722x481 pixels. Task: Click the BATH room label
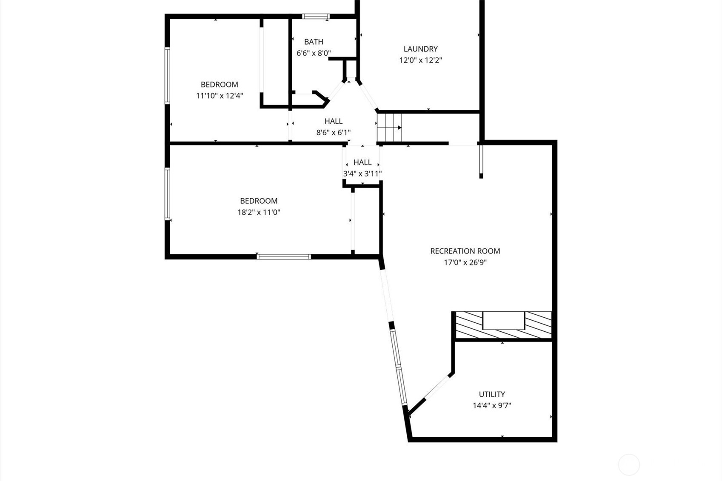[x=314, y=42]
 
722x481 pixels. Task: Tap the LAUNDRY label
[x=421, y=49]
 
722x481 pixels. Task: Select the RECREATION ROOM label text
[x=465, y=251]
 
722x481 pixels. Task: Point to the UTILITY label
[x=492, y=394]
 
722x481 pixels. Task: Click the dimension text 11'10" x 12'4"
[x=220, y=96]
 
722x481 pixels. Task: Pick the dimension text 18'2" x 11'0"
[x=259, y=212]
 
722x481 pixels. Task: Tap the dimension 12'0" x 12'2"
[x=421, y=60]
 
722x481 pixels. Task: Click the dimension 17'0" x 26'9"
[x=465, y=262]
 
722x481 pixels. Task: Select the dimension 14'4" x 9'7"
[x=492, y=405]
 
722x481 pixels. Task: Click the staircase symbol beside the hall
[x=389, y=128]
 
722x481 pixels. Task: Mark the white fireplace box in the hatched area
[x=503, y=321]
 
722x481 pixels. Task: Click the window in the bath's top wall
[x=316, y=17]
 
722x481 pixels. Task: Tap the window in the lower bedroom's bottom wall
[x=284, y=257]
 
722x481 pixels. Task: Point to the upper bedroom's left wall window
[x=167, y=76]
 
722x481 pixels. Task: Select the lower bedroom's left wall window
[x=167, y=194]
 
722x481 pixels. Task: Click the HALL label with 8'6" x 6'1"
[x=334, y=121]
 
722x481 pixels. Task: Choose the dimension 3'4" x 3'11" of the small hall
[x=362, y=174]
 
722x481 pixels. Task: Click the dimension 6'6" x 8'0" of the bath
[x=314, y=53]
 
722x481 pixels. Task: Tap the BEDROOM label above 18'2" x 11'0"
[x=259, y=201]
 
